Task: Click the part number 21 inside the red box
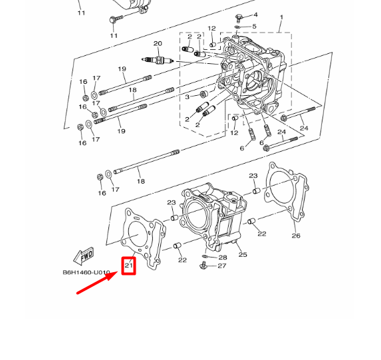pyautogui.click(x=128, y=265)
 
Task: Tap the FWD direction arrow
pyautogui.click(x=83, y=256)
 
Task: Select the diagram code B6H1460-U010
pyautogui.click(x=86, y=272)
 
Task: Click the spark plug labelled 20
pyautogui.click(x=158, y=60)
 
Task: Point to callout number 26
pyautogui.click(x=296, y=236)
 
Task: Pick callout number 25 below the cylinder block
pyautogui.click(x=243, y=254)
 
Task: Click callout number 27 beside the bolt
pyautogui.click(x=222, y=266)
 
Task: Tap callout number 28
pyautogui.click(x=223, y=258)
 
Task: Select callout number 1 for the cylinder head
pyautogui.click(x=281, y=17)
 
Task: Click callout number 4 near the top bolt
pyautogui.click(x=255, y=15)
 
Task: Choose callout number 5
pyautogui.click(x=254, y=26)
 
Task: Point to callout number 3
pyautogui.click(x=187, y=96)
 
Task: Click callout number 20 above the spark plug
pyautogui.click(x=158, y=43)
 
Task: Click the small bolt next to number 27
pyautogui.click(x=203, y=266)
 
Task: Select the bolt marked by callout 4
pyautogui.click(x=239, y=18)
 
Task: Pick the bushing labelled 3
pyautogui.click(x=203, y=94)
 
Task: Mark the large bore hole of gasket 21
pyautogui.click(x=137, y=234)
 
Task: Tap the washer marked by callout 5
pyautogui.click(x=237, y=27)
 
